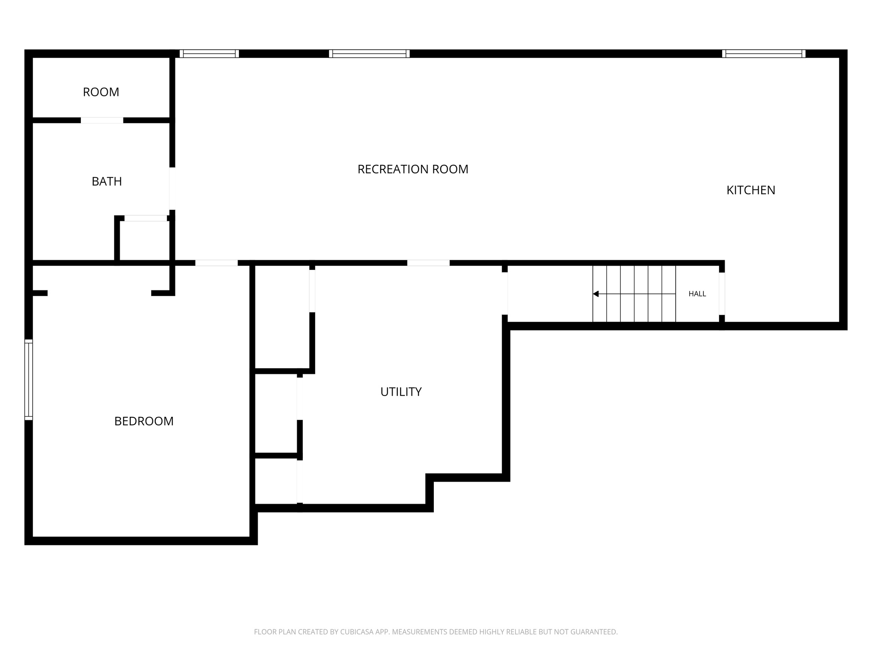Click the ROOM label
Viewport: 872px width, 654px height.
tap(101, 92)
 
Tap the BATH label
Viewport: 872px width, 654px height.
tap(107, 181)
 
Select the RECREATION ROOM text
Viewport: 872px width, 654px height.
tap(413, 169)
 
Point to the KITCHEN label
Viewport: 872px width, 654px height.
tap(751, 190)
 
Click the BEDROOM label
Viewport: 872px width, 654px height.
tap(144, 421)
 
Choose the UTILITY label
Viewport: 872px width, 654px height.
tap(401, 392)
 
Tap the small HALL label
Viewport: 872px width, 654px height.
tap(697, 294)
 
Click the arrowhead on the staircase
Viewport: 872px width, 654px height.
tap(596, 294)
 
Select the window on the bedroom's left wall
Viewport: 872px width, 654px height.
tap(29, 380)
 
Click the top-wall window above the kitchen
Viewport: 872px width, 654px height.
tap(763, 54)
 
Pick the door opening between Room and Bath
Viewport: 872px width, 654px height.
tap(102, 120)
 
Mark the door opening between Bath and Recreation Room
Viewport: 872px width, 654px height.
tap(172, 189)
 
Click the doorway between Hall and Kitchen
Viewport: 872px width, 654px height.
tap(722, 294)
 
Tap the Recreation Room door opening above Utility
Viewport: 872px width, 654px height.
tap(428, 263)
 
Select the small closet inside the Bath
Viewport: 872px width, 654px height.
tap(145, 241)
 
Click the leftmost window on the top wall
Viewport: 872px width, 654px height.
tap(209, 54)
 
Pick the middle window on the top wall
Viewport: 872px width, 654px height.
tap(369, 54)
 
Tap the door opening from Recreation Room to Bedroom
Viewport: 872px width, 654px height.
tap(216, 263)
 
